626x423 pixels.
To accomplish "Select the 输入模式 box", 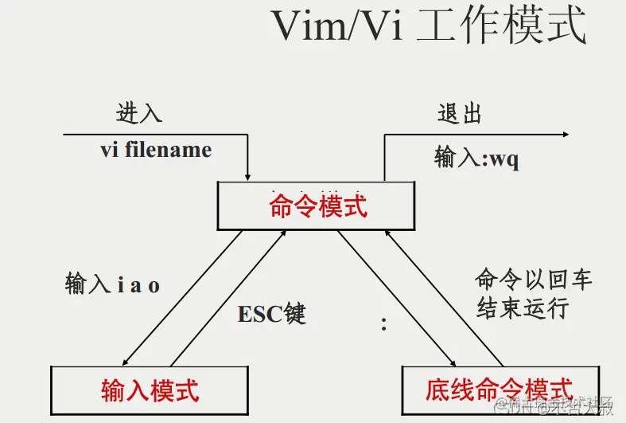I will tap(150, 390).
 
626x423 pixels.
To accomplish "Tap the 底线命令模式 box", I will tap(499, 389).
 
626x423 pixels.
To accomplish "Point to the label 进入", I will tap(139, 113).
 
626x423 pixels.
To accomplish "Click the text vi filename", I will tap(156, 150).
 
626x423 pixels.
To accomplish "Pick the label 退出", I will tap(460, 113).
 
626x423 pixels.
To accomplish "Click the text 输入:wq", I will tap(476, 158).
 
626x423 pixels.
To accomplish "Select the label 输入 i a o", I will tap(112, 284).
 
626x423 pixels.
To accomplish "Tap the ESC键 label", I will tap(271, 313).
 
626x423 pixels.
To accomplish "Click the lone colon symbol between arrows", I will tap(383, 323).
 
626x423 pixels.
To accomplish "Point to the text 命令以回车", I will tap(534, 280).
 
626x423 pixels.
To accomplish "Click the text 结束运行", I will tap(523, 307).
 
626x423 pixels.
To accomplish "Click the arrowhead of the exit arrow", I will tap(564, 135).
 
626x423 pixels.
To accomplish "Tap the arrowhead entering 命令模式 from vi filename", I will tap(249, 176).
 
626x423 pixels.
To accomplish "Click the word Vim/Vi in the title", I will tap(339, 27).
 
